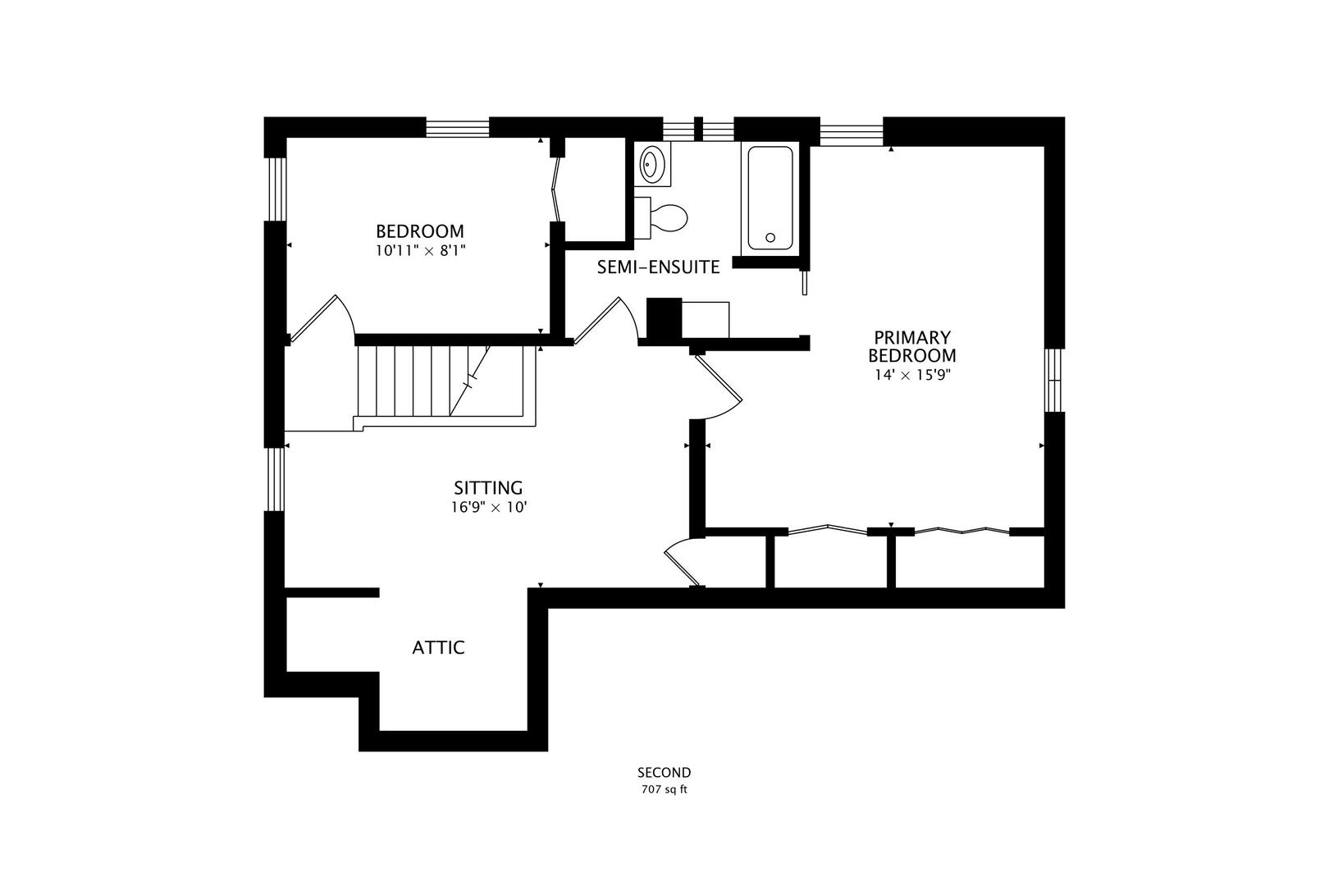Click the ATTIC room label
(x=438, y=647)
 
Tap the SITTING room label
(x=488, y=488)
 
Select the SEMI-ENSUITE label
(x=659, y=267)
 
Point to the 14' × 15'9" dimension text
(x=912, y=375)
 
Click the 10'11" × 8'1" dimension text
(x=420, y=250)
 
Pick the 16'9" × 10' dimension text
(x=489, y=507)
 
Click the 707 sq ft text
(x=664, y=790)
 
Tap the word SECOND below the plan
(x=664, y=773)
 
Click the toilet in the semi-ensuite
(x=661, y=217)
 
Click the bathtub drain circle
(x=770, y=237)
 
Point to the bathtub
(x=770, y=199)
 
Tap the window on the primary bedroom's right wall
(x=1053, y=380)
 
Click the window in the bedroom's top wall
(x=458, y=128)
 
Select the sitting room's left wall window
(x=275, y=479)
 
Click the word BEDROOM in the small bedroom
(x=420, y=231)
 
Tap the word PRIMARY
(x=912, y=338)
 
